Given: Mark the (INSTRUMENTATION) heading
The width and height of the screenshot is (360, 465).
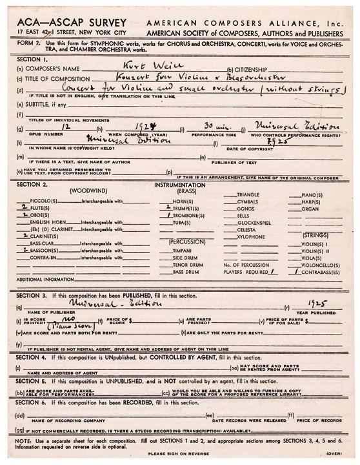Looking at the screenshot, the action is [x=180, y=185].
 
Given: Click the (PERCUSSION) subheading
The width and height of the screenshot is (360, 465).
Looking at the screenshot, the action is [x=187, y=241].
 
